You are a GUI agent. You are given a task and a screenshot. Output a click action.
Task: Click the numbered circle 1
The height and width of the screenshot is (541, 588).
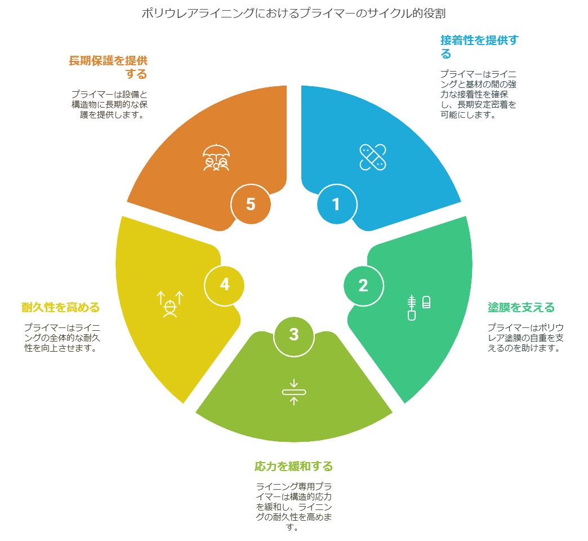pyautogui.click(x=337, y=204)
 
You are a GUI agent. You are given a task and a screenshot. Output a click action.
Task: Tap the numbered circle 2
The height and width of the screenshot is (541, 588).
pyautogui.click(x=363, y=286)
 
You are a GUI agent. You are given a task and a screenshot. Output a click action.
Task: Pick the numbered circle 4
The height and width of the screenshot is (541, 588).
pyautogui.click(x=224, y=286)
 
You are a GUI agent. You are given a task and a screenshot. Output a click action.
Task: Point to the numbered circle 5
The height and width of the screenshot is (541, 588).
pyautogui.click(x=251, y=204)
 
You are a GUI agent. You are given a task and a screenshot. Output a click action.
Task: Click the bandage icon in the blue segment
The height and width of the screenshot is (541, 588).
pyautogui.click(x=373, y=157)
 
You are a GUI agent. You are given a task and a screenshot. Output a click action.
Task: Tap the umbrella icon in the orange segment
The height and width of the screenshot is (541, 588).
pyautogui.click(x=216, y=158)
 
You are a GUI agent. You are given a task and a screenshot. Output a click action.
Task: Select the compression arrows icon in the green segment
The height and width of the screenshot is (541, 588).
pyautogui.click(x=294, y=392)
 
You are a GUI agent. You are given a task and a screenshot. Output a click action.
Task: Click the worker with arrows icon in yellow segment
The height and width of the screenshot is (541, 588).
pyautogui.click(x=170, y=304)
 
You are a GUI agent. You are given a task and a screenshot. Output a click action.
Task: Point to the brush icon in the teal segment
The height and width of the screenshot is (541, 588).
pyautogui.click(x=418, y=307)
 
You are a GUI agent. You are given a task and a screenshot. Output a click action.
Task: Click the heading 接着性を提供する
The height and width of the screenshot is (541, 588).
pyautogui.click(x=479, y=47)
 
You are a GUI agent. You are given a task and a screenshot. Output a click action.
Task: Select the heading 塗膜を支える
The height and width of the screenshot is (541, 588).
pyautogui.click(x=521, y=307)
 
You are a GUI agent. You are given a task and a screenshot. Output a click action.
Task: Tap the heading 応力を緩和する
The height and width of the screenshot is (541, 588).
pyautogui.click(x=293, y=467)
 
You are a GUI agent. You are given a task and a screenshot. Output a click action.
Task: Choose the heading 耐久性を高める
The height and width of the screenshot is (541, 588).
pyautogui.click(x=61, y=307)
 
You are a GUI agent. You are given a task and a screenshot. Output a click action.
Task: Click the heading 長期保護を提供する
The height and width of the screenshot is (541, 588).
pyautogui.click(x=108, y=67)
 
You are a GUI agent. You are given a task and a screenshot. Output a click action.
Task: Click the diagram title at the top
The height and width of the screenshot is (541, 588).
pyautogui.click(x=293, y=14)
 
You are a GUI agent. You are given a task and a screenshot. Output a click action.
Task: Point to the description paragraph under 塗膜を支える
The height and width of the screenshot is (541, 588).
pyautogui.click(x=525, y=338)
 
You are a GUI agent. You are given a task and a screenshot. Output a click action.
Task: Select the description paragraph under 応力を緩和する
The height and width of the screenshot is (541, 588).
pyautogui.click(x=293, y=507)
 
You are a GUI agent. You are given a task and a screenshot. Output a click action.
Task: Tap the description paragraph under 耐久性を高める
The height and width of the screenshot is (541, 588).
pyautogui.click(x=63, y=338)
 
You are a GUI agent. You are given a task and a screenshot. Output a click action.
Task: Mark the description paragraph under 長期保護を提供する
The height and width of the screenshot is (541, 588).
pyautogui.click(x=109, y=104)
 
